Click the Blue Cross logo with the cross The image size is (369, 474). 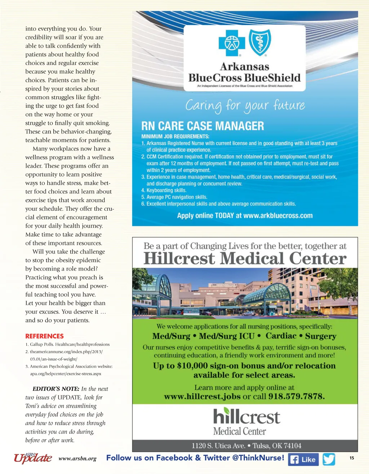pyautogui.click(x=232, y=43)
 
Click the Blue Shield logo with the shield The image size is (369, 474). pyautogui.click(x=260, y=42)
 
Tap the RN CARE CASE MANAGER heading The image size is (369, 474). pyautogui.click(x=203, y=126)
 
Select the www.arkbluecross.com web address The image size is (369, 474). pyautogui.click(x=278, y=216)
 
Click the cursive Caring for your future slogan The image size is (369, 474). pyautogui.click(x=245, y=105)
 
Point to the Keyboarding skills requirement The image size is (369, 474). pyautogui.click(x=166, y=190)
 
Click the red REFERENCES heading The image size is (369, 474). pyautogui.click(x=44, y=336)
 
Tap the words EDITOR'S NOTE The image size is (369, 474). pyautogui.click(x=56, y=389)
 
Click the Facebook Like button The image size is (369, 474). pyautogui.click(x=303, y=459)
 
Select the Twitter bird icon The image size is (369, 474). pyautogui.click(x=329, y=459)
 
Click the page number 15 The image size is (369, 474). pyautogui.click(x=352, y=458)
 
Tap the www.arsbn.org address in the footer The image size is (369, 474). pyautogui.click(x=77, y=459)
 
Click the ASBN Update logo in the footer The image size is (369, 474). pyautogui.click(x=33, y=457)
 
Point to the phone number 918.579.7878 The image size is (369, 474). pyautogui.click(x=296, y=397)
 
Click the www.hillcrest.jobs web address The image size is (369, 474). pyautogui.click(x=202, y=397)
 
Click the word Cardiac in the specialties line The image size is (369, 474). pyautogui.click(x=281, y=336)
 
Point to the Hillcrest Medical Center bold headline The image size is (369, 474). pyautogui.click(x=245, y=259)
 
